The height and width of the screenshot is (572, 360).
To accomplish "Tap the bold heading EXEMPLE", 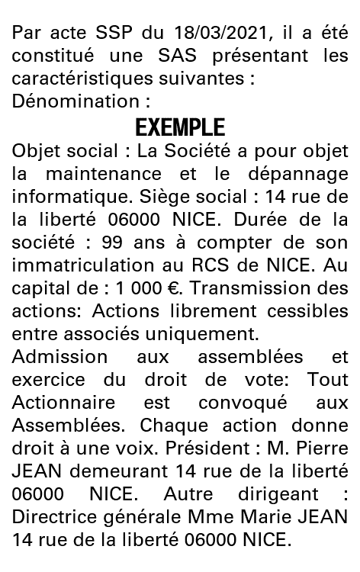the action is click(180, 127).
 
